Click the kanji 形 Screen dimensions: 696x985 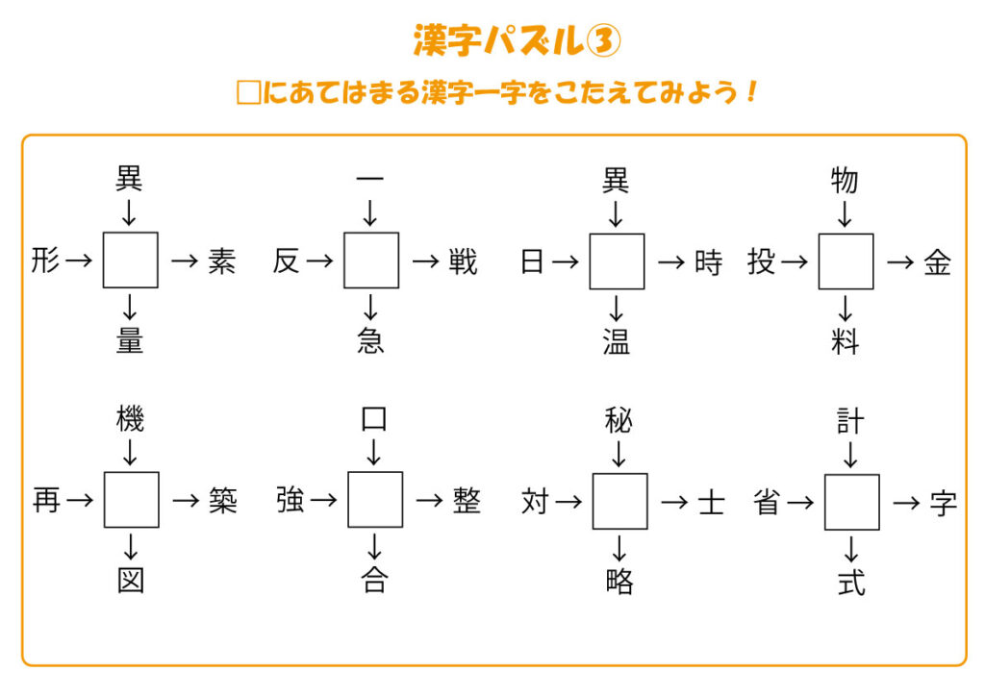pyautogui.click(x=45, y=261)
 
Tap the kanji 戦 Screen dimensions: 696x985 pyautogui.click(x=463, y=261)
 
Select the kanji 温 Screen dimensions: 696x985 pyautogui.click(x=616, y=341)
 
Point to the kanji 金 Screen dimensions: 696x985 pyautogui.click(x=937, y=261)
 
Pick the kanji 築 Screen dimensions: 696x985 pyautogui.click(x=222, y=501)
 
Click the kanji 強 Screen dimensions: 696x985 pyautogui.click(x=290, y=501)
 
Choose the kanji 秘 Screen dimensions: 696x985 pyautogui.click(x=619, y=421)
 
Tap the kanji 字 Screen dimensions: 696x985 pyautogui.click(x=944, y=503)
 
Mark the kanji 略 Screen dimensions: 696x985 pyautogui.click(x=619, y=582)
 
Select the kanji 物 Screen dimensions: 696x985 pyautogui.click(x=845, y=181)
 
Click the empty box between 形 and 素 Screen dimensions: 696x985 pyautogui.click(x=131, y=260)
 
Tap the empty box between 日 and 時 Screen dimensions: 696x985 pyautogui.click(x=617, y=261)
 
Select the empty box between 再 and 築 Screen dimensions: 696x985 pyautogui.click(x=131, y=500)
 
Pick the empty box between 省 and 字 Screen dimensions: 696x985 pyautogui.click(x=851, y=502)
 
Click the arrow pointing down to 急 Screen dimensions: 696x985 pyautogui.click(x=370, y=308)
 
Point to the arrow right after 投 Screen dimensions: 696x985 pyautogui.click(x=793, y=261)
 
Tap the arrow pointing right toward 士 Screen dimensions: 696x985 pyautogui.click(x=675, y=502)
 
